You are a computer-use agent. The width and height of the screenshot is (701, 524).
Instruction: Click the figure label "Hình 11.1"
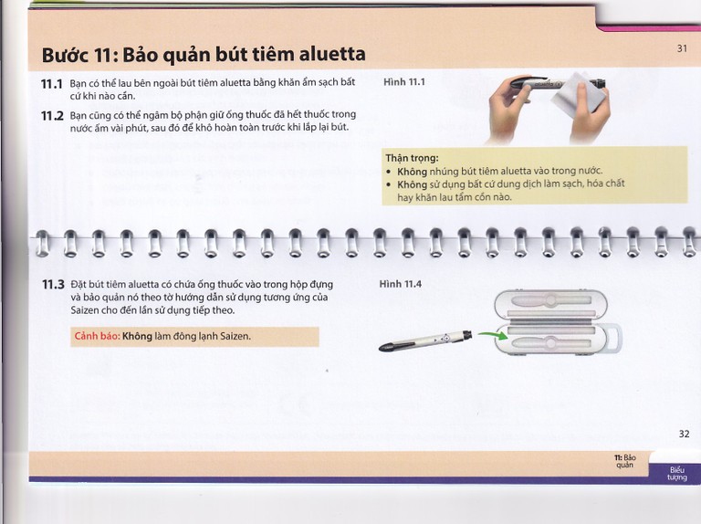(404, 82)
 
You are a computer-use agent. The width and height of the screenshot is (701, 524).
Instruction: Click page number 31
(682, 49)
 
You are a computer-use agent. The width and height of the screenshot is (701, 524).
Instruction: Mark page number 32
(684, 434)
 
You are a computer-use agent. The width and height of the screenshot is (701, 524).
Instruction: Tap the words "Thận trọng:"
(412, 158)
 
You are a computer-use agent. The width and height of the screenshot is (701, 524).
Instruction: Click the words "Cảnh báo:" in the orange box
(97, 336)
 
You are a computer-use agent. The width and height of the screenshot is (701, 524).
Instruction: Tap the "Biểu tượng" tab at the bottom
(676, 474)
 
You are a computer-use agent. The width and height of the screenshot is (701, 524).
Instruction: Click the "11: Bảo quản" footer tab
(624, 459)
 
